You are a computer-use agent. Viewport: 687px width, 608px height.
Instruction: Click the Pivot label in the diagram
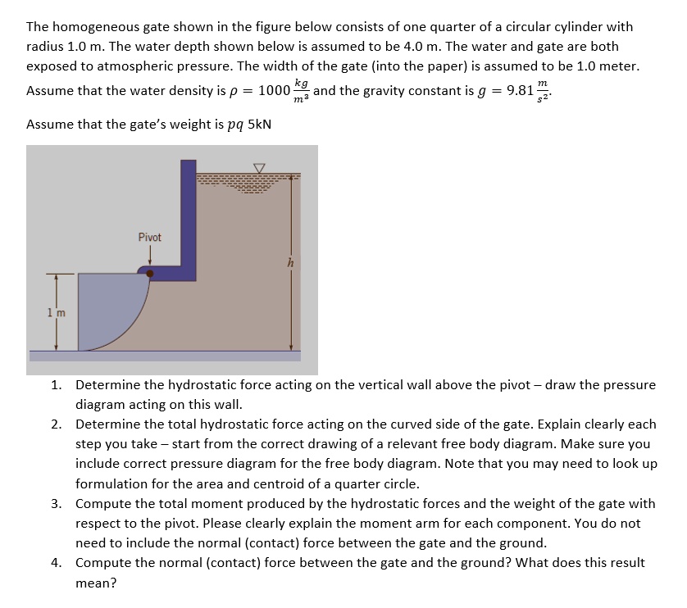(149, 237)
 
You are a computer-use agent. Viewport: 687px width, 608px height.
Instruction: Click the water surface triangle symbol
(259, 168)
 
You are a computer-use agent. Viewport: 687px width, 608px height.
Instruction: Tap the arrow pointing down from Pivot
(149, 255)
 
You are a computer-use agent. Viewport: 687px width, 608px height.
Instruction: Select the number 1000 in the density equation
(274, 89)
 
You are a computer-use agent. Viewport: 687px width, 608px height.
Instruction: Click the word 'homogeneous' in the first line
(93, 27)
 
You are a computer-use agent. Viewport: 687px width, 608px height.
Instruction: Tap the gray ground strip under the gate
(164, 356)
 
